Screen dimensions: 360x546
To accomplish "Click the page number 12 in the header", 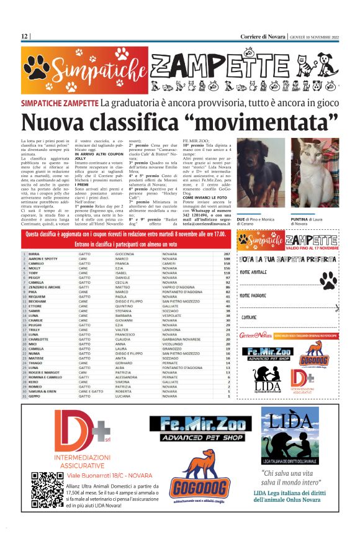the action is click(24, 36).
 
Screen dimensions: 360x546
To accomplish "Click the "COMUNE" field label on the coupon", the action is click(249, 317).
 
